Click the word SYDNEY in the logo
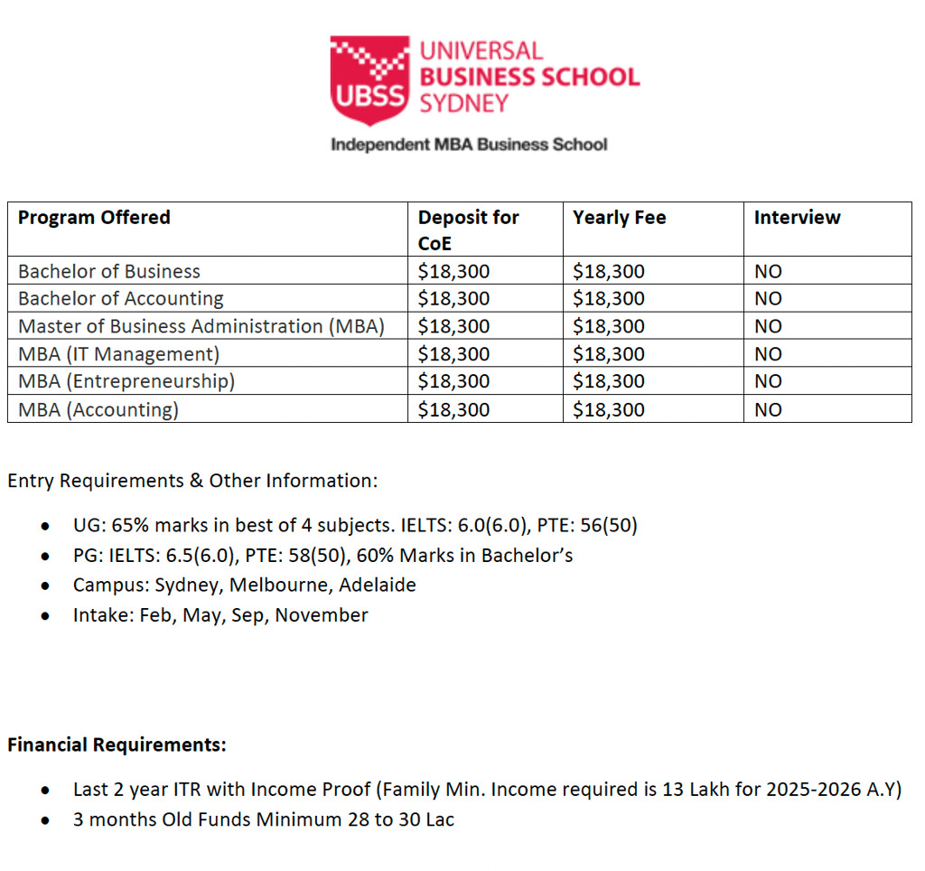pos(464,104)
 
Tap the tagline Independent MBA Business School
pos(469,145)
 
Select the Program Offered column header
pos(94,218)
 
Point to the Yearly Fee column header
pos(619,218)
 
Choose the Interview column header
pos(797,218)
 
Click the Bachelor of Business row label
pos(109,271)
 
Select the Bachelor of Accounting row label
pos(121,299)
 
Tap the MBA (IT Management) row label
pos(118,354)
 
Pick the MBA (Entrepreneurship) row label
pos(126,381)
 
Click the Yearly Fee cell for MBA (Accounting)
pos(609,409)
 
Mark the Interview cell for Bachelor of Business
pos(768,271)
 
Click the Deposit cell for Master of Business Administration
pos(453,326)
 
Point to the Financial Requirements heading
pos(117,745)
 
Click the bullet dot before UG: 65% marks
pos(45,526)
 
